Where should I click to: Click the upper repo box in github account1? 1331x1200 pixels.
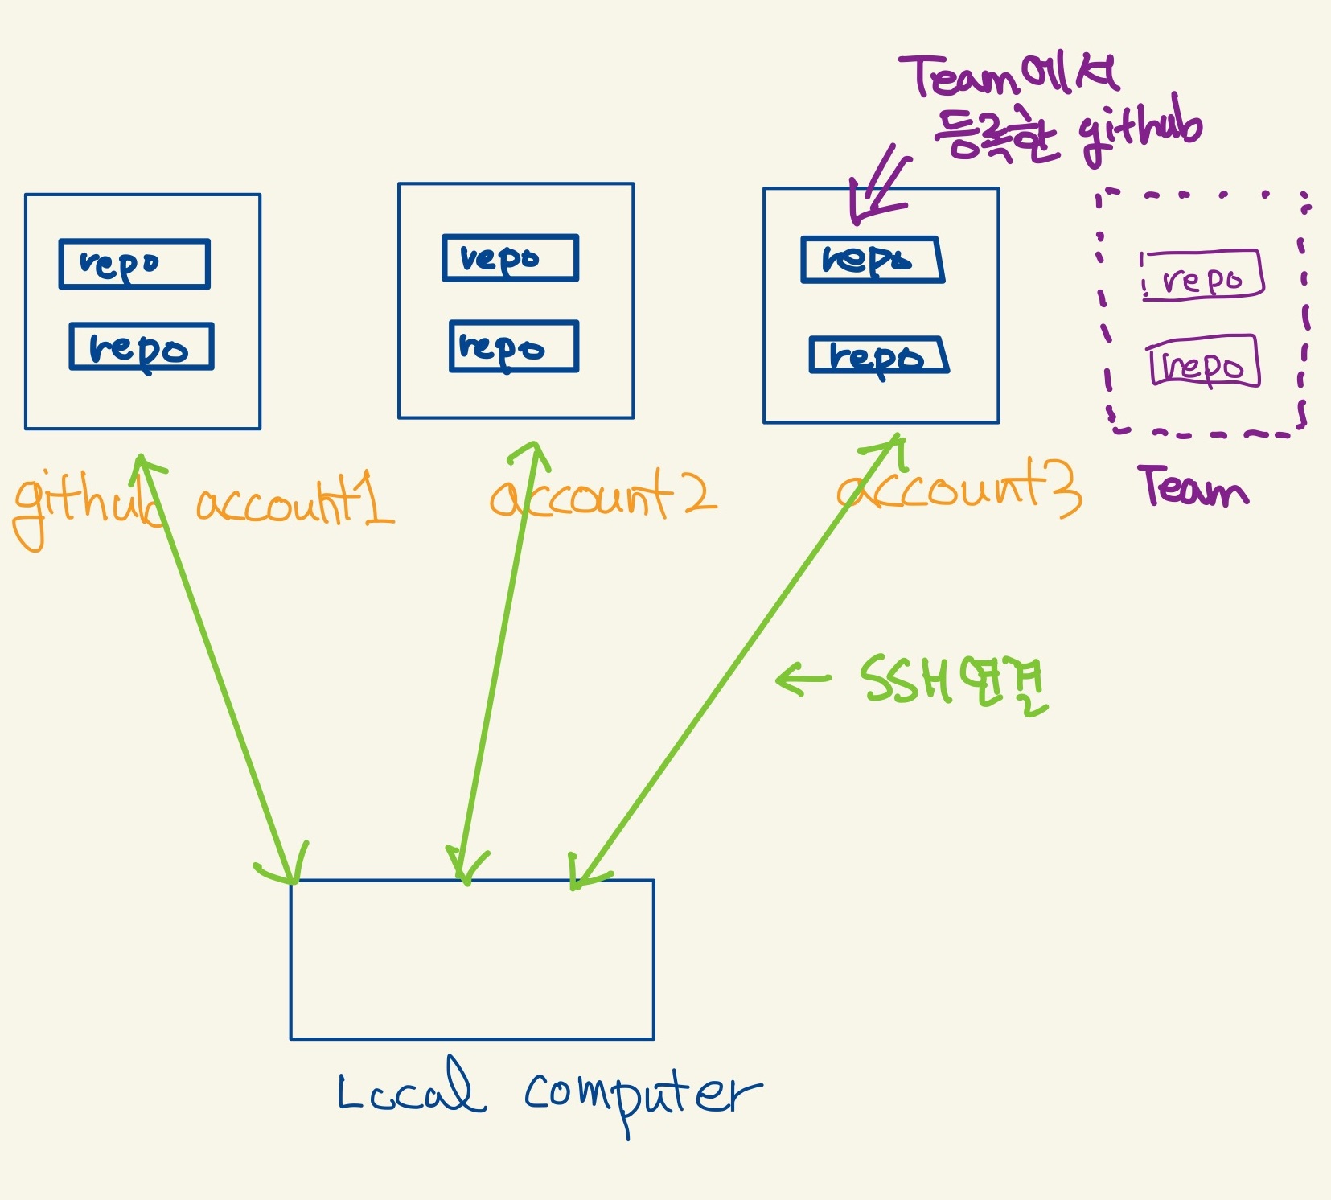(x=134, y=264)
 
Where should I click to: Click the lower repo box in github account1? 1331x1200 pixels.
(x=142, y=347)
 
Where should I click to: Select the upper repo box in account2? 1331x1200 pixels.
(x=510, y=258)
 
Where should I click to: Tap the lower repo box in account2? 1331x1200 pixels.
(x=514, y=347)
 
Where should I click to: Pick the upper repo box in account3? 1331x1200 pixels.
(x=873, y=260)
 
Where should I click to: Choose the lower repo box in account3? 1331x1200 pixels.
(x=879, y=355)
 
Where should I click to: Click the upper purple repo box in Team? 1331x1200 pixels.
(x=1202, y=276)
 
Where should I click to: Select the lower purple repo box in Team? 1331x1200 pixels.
(x=1204, y=362)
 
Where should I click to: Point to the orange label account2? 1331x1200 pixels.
(x=603, y=495)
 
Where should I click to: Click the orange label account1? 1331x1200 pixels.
(x=294, y=502)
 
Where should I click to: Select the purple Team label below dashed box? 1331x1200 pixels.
(x=1193, y=487)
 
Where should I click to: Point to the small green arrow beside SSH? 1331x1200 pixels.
(x=803, y=680)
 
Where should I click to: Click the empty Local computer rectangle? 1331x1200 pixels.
(x=472, y=960)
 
